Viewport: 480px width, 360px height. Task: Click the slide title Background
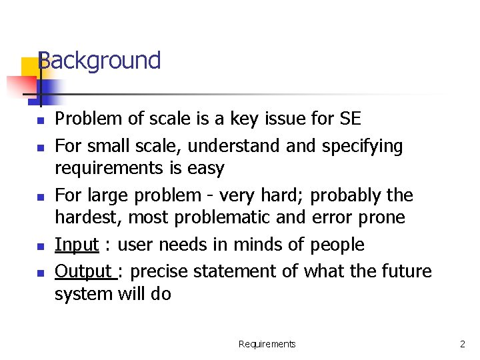pos(99,61)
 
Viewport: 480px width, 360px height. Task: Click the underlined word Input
pos(77,245)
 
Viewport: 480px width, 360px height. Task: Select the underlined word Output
pos(84,271)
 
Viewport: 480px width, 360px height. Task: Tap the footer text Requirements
pos(267,344)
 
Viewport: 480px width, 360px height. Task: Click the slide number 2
pos(462,344)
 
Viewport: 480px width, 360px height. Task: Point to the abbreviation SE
pos(349,119)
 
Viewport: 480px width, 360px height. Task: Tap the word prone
pos(381,217)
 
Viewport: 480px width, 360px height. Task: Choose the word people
pos(337,245)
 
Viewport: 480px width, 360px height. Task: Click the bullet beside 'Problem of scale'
pos(41,121)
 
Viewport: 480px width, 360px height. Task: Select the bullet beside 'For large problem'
pos(41,197)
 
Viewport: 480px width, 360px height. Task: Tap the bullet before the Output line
pos(41,273)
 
